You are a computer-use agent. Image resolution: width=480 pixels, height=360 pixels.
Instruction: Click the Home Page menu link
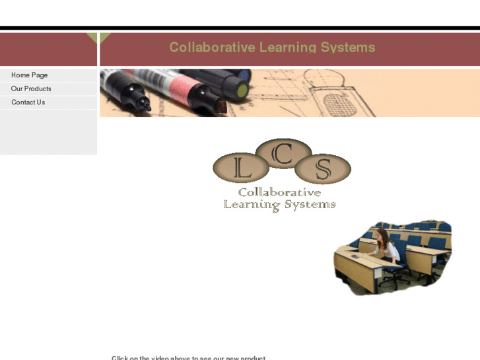(x=29, y=75)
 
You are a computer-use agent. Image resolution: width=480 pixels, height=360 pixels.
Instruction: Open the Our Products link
(x=31, y=89)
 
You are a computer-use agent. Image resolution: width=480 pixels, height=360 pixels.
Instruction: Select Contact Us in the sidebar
(x=28, y=102)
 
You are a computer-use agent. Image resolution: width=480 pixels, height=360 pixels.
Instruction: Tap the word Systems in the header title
(x=348, y=48)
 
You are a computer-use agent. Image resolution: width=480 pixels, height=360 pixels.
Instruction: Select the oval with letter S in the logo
(x=322, y=170)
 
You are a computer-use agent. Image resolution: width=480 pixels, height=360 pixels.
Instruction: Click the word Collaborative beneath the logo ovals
(x=279, y=192)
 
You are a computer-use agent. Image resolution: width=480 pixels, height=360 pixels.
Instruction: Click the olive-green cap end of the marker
(x=242, y=89)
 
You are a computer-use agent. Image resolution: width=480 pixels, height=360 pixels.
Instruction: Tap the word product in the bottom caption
(x=253, y=358)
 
